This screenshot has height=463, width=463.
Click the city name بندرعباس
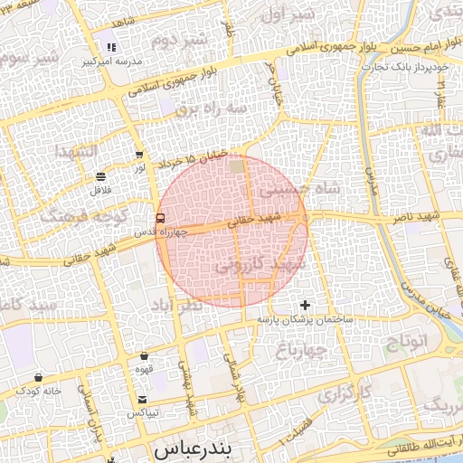(194, 449)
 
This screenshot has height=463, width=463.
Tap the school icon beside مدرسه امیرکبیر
(112, 48)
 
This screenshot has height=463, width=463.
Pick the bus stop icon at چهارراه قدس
(160, 218)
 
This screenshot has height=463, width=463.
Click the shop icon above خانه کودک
(38, 376)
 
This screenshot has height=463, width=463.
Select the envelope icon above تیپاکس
(143, 399)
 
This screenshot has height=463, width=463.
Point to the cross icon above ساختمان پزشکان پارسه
(305, 305)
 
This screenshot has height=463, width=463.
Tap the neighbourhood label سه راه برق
(211, 109)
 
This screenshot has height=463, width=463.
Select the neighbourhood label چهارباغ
(298, 349)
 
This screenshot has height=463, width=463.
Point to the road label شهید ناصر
(415, 218)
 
